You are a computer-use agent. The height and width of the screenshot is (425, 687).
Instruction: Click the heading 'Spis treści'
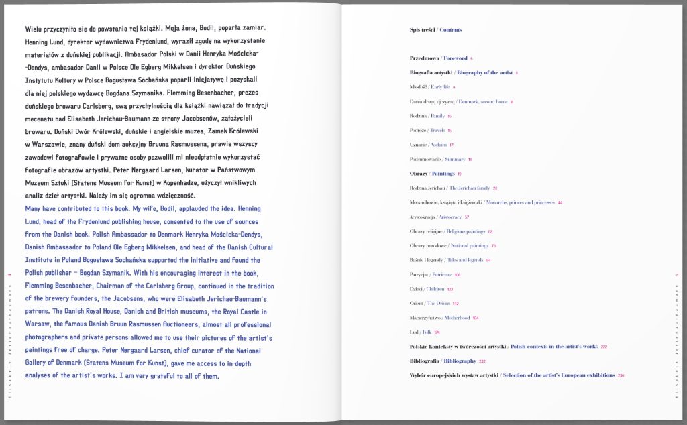pyautogui.click(x=423, y=29)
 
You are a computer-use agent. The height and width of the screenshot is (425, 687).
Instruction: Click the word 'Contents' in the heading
pyautogui.click(x=451, y=29)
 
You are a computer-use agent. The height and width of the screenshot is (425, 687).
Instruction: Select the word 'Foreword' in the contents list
pyautogui.click(x=456, y=58)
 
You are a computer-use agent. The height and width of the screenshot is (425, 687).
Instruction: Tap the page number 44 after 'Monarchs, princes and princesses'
pyautogui.click(x=560, y=202)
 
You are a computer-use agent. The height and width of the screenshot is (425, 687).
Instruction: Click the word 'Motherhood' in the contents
pyautogui.click(x=456, y=318)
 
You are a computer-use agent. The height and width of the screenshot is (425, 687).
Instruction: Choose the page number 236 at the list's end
pyautogui.click(x=621, y=375)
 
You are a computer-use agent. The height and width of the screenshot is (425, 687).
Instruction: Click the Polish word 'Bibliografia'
pyautogui.click(x=424, y=361)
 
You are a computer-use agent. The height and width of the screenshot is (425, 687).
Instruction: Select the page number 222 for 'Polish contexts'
pyautogui.click(x=604, y=347)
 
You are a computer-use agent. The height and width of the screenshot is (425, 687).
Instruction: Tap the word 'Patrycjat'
pyautogui.click(x=421, y=274)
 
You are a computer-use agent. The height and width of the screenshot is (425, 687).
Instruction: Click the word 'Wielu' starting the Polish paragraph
pyautogui.click(x=33, y=30)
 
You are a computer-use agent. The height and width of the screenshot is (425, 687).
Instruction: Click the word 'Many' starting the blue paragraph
pyautogui.click(x=34, y=209)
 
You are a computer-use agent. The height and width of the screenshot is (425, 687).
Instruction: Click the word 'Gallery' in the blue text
pyautogui.click(x=38, y=363)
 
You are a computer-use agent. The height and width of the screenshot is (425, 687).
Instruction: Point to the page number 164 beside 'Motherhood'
pyautogui.click(x=476, y=318)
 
